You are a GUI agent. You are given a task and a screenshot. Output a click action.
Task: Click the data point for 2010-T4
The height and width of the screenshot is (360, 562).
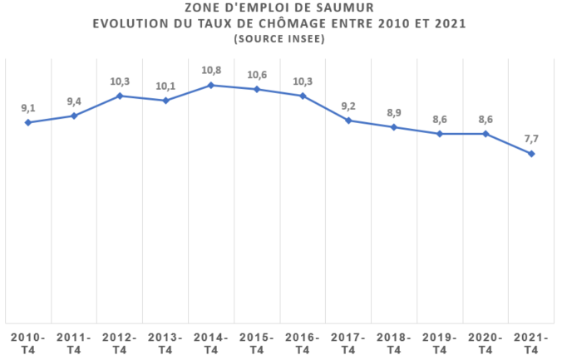pyautogui.click(x=28, y=122)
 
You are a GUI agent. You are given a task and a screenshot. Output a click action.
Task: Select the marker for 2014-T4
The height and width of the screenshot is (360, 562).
pyautogui.click(x=211, y=85)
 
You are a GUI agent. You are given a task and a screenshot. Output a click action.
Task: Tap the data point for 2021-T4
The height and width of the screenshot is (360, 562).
pyautogui.click(x=531, y=153)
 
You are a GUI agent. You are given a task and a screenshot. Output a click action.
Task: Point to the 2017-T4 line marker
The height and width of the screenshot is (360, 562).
pyautogui.click(x=348, y=121)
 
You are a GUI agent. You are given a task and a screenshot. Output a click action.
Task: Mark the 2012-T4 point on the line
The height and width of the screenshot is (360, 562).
pyautogui.click(x=120, y=96)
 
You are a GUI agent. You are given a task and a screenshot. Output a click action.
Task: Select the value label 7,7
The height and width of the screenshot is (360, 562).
pyautogui.click(x=531, y=138)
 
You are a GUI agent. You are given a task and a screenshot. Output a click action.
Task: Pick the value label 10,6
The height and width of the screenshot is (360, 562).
pyautogui.click(x=257, y=74)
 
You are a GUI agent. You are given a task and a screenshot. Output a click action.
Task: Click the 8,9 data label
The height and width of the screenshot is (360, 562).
pyautogui.click(x=394, y=112)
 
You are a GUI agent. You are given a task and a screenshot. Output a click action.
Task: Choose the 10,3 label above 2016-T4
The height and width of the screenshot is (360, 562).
pyautogui.click(x=303, y=81)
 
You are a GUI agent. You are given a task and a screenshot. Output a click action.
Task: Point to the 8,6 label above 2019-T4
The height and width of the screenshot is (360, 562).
pyautogui.click(x=440, y=119)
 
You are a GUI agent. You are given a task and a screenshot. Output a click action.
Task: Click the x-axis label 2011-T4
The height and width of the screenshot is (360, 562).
pyautogui.click(x=74, y=344)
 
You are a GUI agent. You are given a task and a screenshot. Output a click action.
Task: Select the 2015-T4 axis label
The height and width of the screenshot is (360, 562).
pyautogui.click(x=257, y=344)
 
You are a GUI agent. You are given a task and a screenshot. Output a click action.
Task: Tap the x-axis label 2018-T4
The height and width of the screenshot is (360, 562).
pyautogui.click(x=394, y=344)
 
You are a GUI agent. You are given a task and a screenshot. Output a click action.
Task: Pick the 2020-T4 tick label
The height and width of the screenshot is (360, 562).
pyautogui.click(x=486, y=344)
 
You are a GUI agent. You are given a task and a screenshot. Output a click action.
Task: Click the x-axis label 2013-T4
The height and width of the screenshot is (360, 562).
pyautogui.click(x=165, y=344)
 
